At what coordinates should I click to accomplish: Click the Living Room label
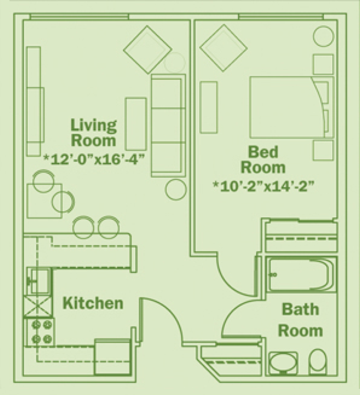coord(94,133)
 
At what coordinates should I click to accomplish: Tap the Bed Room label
coord(263,159)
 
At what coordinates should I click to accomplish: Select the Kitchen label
coord(93,303)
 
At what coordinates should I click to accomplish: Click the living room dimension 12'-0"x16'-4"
coord(94,159)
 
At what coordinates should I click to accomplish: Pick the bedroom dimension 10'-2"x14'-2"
coord(264,186)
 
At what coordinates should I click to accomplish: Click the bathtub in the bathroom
coord(301,275)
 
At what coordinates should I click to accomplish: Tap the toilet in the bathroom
coord(318,362)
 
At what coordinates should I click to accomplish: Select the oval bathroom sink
coord(283,363)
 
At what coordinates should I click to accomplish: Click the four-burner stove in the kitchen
coord(39,332)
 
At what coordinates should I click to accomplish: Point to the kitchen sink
coord(39,281)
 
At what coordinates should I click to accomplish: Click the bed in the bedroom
coord(292,107)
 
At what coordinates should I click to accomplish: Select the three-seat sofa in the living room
coord(168,126)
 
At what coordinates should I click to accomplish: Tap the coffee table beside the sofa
coord(136,124)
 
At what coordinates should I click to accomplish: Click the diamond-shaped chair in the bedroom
coord(224,48)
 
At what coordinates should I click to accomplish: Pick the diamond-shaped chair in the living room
coord(148,50)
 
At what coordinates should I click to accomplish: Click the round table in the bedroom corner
coord(323,36)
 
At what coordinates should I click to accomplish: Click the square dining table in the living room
coord(45,201)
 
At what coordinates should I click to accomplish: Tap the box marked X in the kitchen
coord(38,306)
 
